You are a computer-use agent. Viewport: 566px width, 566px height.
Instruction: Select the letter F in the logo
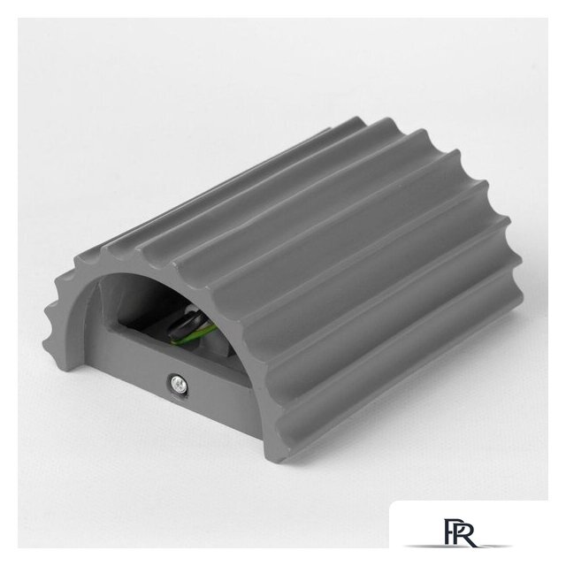pyautogui.click(x=450, y=532)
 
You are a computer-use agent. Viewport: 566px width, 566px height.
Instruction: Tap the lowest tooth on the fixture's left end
pyautogui.click(x=49, y=343)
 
